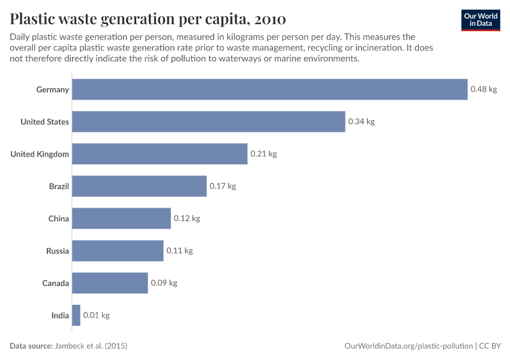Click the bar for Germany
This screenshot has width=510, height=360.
(269, 89)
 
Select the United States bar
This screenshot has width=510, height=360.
(208, 122)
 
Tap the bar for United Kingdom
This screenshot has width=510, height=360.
(160, 154)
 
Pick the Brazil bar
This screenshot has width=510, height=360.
(139, 186)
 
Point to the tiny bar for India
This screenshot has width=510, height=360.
(76, 315)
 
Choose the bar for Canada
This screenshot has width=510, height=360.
(110, 283)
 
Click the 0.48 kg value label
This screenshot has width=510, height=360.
(484, 89)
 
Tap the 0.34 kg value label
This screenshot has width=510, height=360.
(361, 122)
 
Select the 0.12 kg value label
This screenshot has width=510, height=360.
(187, 218)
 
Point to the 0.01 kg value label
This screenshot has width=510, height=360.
(96, 315)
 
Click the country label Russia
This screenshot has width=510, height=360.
(58, 251)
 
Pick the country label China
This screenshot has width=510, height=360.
(59, 218)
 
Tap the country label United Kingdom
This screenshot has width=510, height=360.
(40, 154)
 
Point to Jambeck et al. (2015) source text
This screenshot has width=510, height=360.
(91, 346)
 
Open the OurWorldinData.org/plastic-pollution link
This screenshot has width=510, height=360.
(409, 346)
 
